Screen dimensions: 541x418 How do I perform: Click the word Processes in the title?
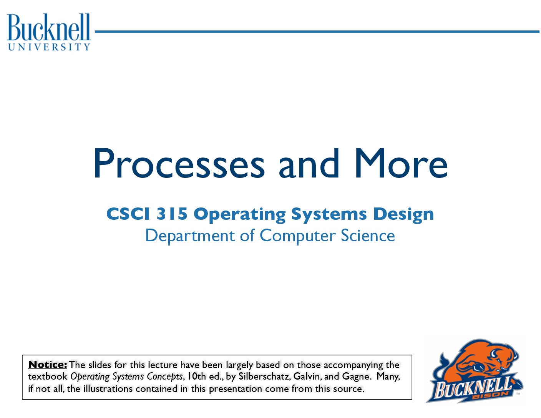pos(179,163)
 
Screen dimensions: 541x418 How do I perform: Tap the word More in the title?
pos(401,163)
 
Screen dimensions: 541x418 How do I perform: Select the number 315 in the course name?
pos(171,214)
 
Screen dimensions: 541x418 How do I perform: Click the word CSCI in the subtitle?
pos(128,214)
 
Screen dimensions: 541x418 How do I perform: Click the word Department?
pos(190,236)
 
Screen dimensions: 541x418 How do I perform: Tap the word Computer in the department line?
pos(297,236)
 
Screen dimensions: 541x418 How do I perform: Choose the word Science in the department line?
pos(368,235)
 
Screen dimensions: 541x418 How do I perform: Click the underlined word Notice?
pos(48,365)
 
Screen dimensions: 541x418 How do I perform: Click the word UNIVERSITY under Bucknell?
pos(49,47)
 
